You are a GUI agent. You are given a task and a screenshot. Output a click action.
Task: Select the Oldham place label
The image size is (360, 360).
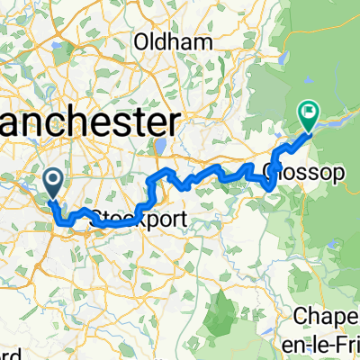[x=174, y=42]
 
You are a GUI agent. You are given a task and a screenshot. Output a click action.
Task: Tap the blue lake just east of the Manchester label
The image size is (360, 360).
[x=159, y=146]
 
